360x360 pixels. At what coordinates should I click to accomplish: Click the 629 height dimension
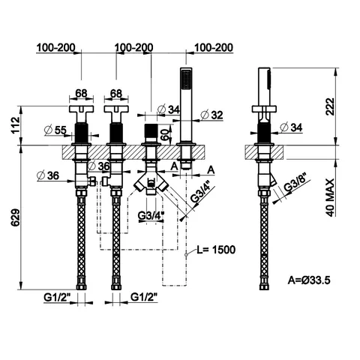16,217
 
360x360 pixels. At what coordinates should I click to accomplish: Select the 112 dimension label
16,125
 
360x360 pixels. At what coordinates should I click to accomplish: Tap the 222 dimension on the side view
330,106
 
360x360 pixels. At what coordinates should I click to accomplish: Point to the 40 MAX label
330,197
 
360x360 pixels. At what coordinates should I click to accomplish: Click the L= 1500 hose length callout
216,250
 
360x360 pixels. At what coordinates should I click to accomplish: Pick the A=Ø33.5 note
309,280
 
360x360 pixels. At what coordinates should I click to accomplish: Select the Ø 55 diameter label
55,130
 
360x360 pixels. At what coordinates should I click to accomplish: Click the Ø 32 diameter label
211,115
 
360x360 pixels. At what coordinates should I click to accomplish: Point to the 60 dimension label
164,134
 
